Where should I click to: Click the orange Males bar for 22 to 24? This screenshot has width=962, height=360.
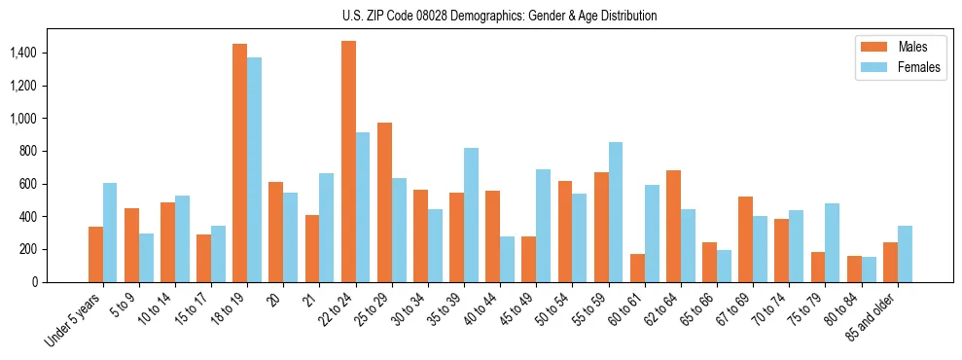[x=348, y=162]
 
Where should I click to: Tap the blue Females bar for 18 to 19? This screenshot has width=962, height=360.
[x=255, y=170]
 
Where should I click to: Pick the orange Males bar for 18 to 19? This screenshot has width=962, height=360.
[x=240, y=163]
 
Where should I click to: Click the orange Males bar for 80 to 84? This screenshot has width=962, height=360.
[x=854, y=270]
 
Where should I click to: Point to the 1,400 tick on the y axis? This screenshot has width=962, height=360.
[x=37, y=53]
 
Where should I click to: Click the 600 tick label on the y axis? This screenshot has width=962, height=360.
[x=42, y=184]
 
